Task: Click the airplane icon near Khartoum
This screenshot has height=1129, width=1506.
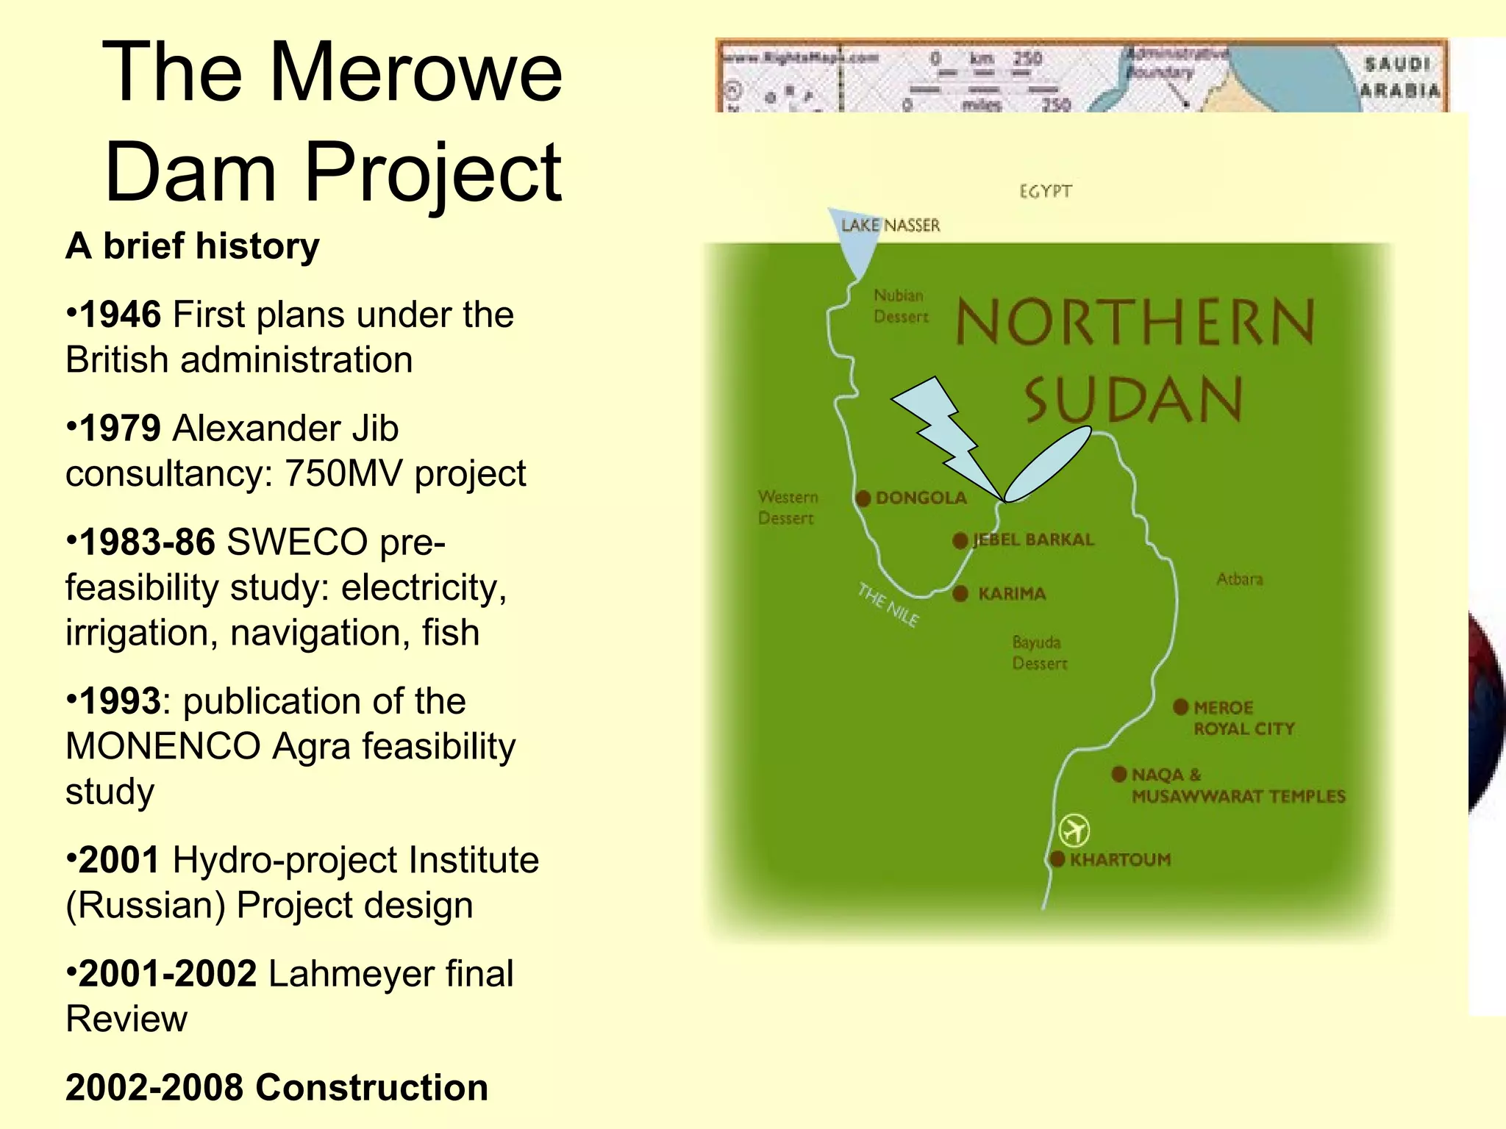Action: (1074, 831)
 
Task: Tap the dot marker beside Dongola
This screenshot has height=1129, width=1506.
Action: (863, 498)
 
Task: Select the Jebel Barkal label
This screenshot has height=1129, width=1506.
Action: (1033, 540)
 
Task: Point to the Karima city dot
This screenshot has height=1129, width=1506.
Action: (960, 593)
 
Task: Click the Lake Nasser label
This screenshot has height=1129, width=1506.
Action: (891, 225)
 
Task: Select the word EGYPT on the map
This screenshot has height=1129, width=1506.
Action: (1045, 192)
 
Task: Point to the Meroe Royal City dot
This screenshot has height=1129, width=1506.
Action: (1180, 707)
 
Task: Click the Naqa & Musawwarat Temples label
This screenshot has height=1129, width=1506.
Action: (1238, 785)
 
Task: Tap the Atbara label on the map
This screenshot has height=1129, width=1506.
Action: (1239, 579)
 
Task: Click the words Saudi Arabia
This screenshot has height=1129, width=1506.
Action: (1399, 77)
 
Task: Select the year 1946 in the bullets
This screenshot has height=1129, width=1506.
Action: (120, 315)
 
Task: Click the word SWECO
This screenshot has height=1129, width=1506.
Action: (297, 542)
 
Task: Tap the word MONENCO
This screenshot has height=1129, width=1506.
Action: (163, 746)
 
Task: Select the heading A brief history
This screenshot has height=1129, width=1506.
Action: (193, 245)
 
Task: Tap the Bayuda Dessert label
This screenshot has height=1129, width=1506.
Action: (1039, 653)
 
